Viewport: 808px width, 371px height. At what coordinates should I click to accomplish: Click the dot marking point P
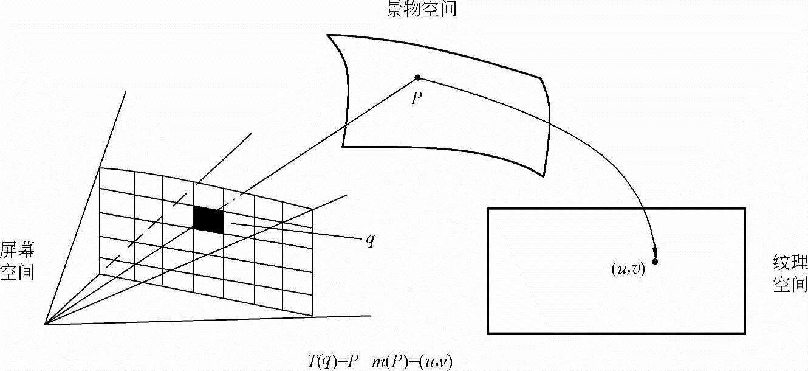[x=417, y=77]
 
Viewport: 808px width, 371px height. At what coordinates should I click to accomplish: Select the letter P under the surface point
[x=417, y=98]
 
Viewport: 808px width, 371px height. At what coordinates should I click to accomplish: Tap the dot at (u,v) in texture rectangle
[x=655, y=262]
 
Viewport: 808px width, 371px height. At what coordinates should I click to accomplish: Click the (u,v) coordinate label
[x=628, y=269]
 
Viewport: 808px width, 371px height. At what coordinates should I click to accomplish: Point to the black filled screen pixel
[x=208, y=220]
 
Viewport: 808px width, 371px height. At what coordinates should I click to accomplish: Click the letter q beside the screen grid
[x=370, y=240]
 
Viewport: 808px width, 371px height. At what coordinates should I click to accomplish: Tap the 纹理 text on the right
[x=790, y=263]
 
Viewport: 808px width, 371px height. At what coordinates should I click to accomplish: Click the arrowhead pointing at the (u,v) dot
[x=656, y=252]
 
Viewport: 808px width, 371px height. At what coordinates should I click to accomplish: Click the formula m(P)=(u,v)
[x=414, y=361]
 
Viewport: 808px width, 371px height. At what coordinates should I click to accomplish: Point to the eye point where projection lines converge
[x=46, y=324]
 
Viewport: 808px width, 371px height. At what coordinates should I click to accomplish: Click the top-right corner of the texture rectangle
[x=745, y=209]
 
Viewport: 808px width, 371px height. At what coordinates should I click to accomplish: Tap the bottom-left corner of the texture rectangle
[x=488, y=333]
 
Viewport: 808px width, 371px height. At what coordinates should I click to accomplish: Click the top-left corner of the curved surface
[x=328, y=35]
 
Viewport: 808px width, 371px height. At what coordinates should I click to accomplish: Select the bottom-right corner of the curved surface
[x=543, y=176]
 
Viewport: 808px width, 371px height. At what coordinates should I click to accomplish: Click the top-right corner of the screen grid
[x=312, y=209]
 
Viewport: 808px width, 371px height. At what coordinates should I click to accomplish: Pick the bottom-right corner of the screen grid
[x=312, y=316]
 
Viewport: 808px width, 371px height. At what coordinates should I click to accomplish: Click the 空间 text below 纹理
[x=790, y=284]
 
